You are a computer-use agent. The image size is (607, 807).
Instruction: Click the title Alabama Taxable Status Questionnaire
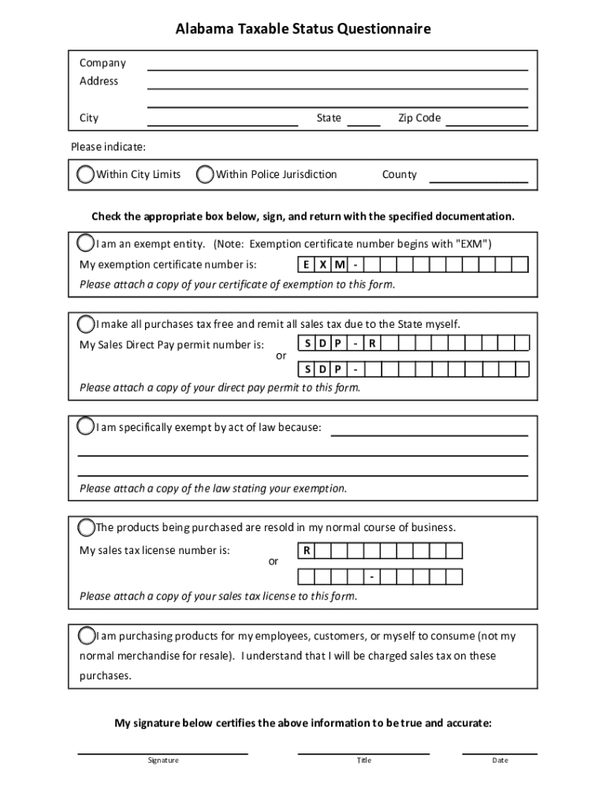click(303, 30)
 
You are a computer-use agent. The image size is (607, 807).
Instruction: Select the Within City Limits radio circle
click(86, 174)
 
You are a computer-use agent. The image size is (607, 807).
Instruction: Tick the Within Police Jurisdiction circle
click(205, 174)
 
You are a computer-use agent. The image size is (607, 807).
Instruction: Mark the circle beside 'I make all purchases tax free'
click(86, 324)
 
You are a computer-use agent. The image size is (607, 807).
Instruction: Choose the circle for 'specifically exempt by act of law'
click(86, 427)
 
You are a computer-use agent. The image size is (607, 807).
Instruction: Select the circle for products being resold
click(86, 526)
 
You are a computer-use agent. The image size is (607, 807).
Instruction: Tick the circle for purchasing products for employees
click(86, 635)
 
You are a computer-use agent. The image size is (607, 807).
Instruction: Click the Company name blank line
click(337, 65)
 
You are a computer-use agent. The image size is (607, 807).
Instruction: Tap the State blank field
click(363, 121)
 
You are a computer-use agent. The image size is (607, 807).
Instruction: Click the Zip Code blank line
click(486, 121)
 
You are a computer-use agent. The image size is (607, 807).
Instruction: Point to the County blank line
click(478, 178)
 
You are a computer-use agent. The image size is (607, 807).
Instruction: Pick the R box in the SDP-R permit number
click(371, 344)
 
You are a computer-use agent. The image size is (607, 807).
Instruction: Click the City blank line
click(223, 121)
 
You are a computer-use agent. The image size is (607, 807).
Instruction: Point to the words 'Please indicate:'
click(108, 147)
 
